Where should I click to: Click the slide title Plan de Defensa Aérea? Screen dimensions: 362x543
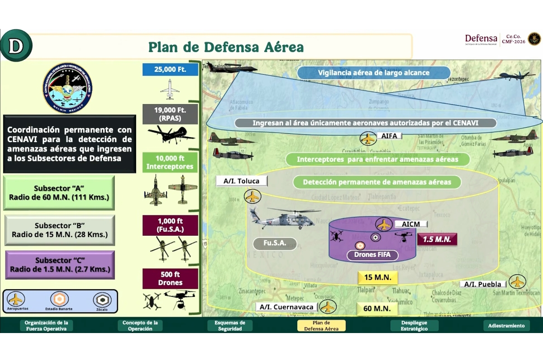pos(226,47)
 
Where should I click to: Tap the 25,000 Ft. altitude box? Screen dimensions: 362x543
pos(170,70)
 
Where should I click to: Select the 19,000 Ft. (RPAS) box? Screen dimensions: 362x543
pos(170,114)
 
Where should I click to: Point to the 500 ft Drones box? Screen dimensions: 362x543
pos(170,279)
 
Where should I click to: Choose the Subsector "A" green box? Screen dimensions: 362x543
pos(59,193)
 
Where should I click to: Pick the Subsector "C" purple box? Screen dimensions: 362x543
pos(60,265)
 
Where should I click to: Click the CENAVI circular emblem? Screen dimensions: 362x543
pos(67,88)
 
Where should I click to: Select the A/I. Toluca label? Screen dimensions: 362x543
pos(242,181)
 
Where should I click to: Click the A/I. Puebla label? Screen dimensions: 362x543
pos(483,284)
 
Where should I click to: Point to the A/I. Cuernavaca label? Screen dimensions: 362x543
pos(286,307)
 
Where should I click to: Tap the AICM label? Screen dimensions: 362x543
pos(410,224)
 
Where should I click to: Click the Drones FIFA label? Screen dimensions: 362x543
pos(372,255)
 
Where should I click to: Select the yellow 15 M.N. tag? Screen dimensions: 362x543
pos(377,277)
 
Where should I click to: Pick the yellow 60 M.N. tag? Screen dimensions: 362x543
pos(377,309)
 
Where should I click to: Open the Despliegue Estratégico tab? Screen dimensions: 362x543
pos(414,326)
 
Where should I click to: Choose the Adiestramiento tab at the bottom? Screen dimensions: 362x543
pos(506,326)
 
